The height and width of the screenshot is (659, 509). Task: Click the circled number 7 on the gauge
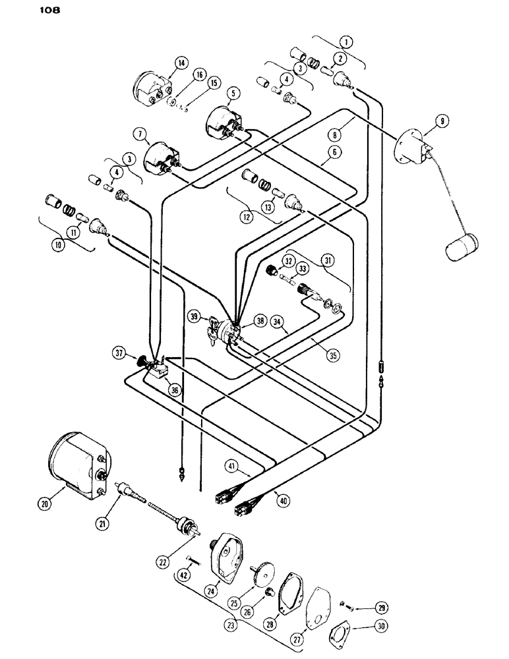click(x=139, y=135)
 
